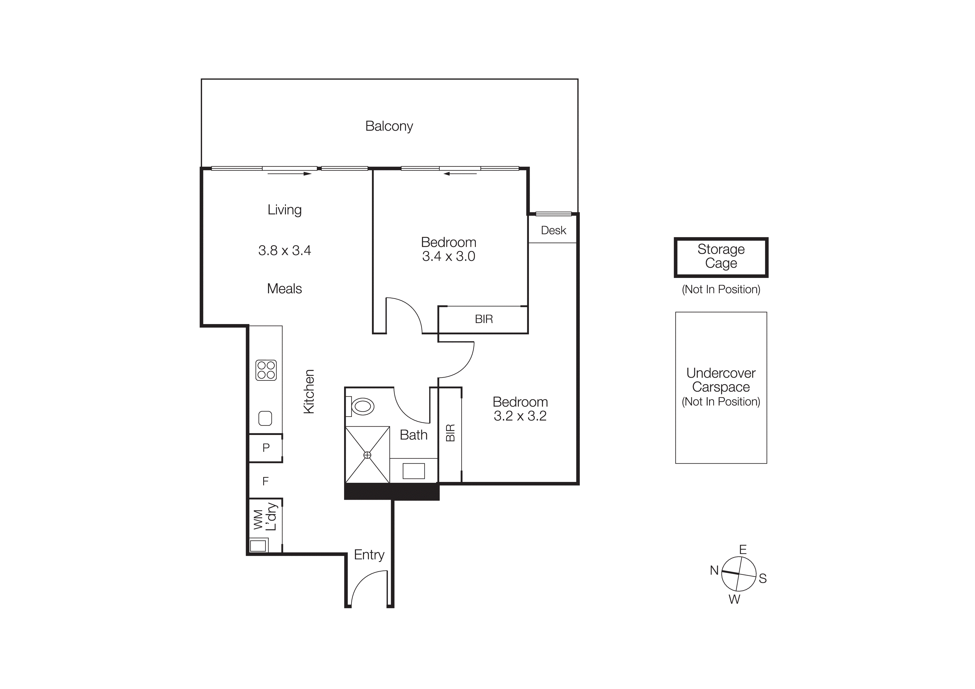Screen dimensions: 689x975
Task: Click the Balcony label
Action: (389, 126)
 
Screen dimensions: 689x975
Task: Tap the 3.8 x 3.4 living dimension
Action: (285, 250)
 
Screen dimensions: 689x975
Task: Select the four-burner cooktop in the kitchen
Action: (266, 370)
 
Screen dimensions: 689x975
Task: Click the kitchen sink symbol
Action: (265, 418)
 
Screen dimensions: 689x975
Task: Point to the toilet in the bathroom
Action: (362, 406)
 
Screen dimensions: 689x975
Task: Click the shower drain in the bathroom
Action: (367, 455)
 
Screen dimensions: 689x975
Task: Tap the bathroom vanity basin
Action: (413, 471)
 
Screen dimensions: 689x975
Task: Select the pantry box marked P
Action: (266, 447)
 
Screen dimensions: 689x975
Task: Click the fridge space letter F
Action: (265, 481)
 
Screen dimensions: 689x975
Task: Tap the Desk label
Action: (553, 230)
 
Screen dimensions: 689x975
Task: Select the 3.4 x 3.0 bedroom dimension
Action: (448, 256)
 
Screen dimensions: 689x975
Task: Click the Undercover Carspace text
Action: (721, 380)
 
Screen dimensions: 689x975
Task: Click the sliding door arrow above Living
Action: (290, 174)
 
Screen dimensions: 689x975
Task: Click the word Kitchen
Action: (309, 391)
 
